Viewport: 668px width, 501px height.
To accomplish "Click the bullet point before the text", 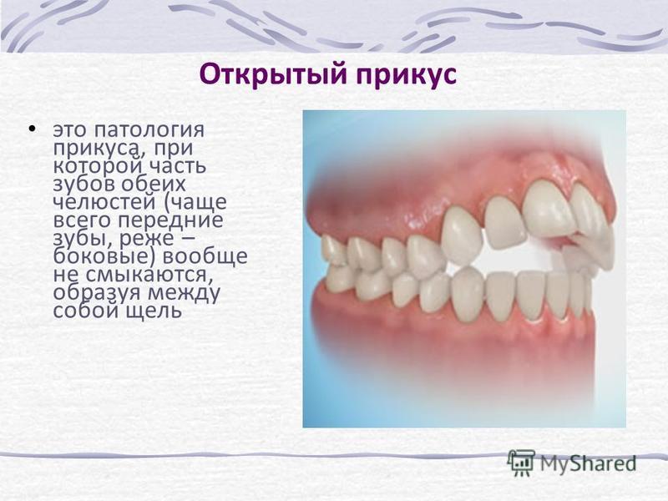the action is coord(31,129).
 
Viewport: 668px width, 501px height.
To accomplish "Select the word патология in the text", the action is coord(149,130).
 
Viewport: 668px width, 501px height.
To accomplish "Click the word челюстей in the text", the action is coord(104,202).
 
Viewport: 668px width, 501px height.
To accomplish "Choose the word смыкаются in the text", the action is coord(148,276).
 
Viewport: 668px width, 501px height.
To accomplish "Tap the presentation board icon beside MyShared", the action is coord(521,463).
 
